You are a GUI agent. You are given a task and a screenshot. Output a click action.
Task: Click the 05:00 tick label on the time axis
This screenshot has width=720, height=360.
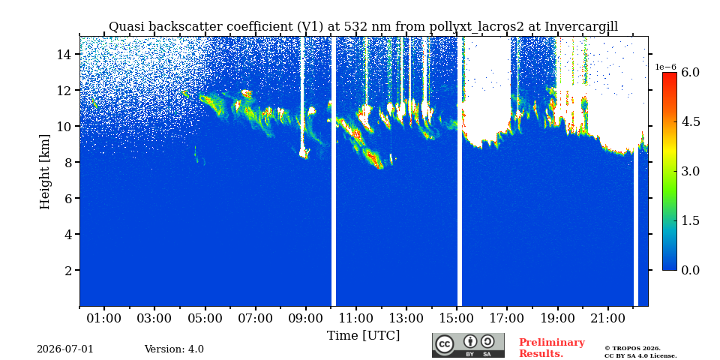205,318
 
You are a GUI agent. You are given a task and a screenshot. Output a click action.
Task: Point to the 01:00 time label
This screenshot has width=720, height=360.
104,318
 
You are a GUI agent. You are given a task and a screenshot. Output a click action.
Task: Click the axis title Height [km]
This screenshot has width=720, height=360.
44,172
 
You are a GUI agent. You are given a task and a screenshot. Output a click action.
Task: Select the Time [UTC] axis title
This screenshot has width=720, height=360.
363,336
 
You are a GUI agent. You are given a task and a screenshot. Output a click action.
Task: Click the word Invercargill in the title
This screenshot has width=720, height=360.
581,27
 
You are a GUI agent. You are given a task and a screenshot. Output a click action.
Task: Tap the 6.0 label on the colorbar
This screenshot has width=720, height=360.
690,72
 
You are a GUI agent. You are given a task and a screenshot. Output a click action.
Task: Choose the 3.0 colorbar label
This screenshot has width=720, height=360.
690,171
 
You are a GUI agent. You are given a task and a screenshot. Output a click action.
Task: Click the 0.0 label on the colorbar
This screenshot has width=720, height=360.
690,270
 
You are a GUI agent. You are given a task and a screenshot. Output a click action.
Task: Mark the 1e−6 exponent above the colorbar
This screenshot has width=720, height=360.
665,67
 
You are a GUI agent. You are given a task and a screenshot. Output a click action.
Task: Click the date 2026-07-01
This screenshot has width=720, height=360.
65,349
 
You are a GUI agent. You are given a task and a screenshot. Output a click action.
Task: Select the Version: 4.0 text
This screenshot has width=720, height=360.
174,349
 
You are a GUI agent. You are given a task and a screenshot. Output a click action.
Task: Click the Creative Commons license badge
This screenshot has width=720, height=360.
468,345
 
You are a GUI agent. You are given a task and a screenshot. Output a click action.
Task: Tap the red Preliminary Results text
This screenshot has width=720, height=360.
552,348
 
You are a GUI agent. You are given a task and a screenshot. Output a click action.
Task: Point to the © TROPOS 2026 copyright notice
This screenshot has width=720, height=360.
632,348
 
